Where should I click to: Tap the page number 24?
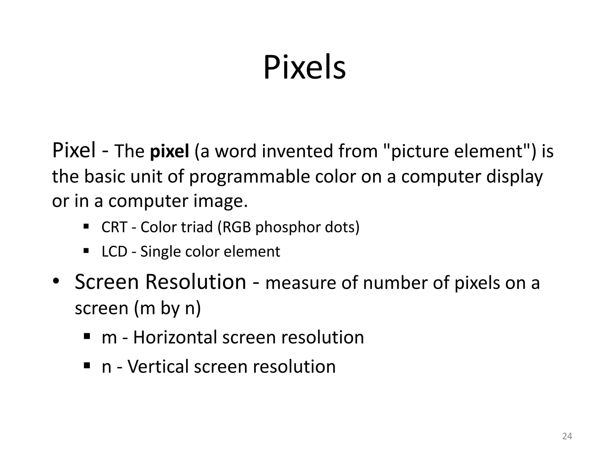coord(567,436)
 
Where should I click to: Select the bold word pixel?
coord(169,151)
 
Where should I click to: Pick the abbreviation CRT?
coord(114,227)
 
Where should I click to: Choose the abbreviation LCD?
coord(114,252)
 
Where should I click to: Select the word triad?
coord(197,227)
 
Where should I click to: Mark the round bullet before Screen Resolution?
coord(56,281)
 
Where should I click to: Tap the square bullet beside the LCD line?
coord(87,251)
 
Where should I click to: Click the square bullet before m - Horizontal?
coord(87,337)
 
